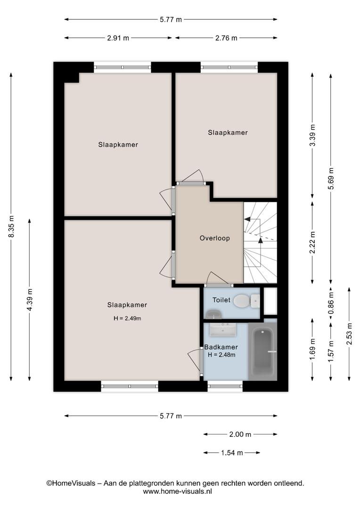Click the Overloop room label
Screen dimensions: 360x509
(214, 238)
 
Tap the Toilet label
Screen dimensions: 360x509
(221, 300)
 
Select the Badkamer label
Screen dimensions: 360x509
(221, 347)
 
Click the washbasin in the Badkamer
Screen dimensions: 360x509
(223, 329)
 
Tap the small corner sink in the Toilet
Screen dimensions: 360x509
(213, 314)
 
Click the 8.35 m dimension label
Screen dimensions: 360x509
(11, 226)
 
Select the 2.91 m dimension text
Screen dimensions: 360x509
(118, 38)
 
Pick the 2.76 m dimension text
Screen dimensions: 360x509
(226, 38)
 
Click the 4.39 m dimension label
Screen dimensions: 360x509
(30, 300)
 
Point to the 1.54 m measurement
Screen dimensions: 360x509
(232, 452)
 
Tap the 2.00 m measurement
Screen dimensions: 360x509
(240, 435)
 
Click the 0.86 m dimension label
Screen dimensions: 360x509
(331, 303)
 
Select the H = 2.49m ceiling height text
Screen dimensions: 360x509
(127, 319)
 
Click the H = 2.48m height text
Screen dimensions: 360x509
(222, 355)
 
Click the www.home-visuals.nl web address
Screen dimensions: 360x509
(177, 492)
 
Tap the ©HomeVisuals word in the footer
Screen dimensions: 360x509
(71, 484)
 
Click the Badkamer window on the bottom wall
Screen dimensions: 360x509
(225, 386)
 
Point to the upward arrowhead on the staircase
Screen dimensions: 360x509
(261, 240)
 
